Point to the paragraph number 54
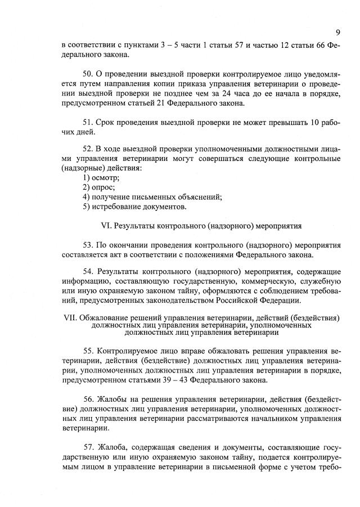pyautogui.click(x=88, y=272)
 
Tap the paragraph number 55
pyautogui.click(x=88, y=349)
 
